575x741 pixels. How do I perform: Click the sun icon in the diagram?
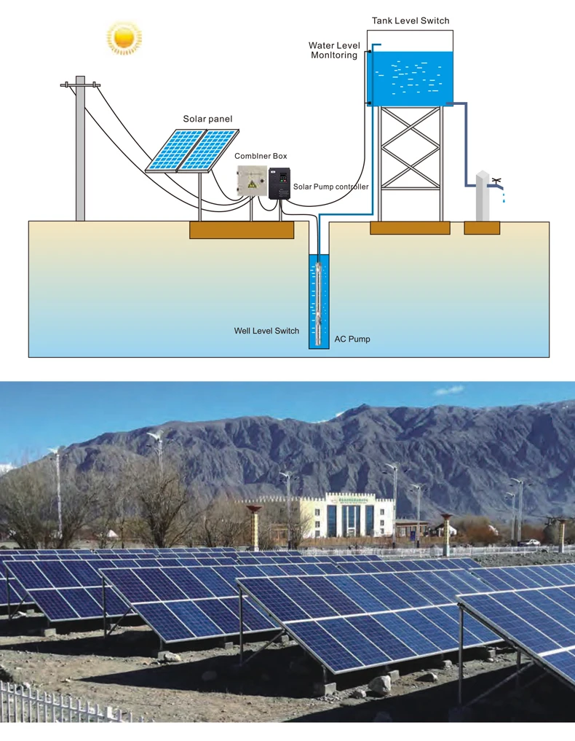coord(124,37)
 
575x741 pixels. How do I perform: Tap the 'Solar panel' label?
coord(207,119)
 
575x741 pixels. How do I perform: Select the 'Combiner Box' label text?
coord(261,156)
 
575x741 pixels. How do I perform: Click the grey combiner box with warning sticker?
coord(252,181)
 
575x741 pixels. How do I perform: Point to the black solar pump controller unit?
coord(279,184)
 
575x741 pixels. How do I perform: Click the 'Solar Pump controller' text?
coord(331,187)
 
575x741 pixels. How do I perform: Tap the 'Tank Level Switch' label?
coord(411,21)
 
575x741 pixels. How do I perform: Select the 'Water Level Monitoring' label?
coord(334,50)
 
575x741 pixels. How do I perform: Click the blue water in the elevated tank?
coord(410,79)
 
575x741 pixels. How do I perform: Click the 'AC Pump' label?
coord(352,339)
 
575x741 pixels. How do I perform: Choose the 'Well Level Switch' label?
coord(266,331)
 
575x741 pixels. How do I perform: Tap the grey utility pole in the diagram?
coord(80,149)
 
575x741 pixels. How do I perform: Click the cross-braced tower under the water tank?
coord(411,163)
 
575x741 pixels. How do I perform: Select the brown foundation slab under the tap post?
coord(482,228)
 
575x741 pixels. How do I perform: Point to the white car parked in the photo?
coord(529,543)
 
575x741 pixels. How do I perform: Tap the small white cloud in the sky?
coord(449,391)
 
